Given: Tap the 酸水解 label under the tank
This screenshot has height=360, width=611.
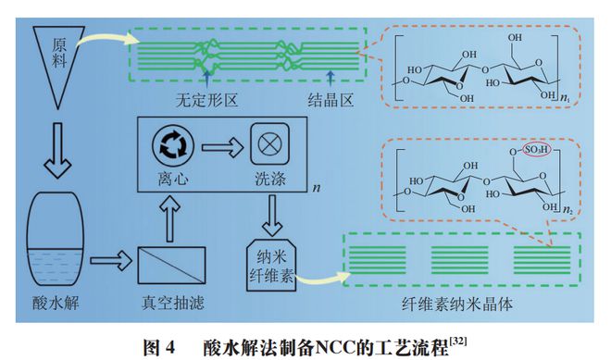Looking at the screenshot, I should [57, 304].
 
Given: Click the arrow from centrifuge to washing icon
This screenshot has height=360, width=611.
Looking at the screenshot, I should [218, 145].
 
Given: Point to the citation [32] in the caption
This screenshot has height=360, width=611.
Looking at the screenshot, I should [457, 341].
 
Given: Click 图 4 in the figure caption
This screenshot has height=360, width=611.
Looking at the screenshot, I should [156, 348].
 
